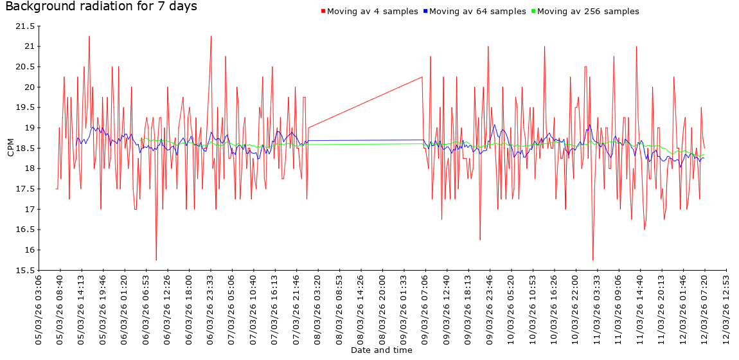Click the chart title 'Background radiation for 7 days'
(x=101, y=7)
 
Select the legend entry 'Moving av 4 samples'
(x=373, y=12)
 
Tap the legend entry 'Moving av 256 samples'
(x=588, y=12)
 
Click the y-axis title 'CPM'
(x=10, y=148)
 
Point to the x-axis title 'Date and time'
(x=382, y=350)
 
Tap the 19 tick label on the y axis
(x=28, y=128)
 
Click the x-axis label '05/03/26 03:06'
(x=39, y=308)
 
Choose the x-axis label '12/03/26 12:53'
(x=726, y=308)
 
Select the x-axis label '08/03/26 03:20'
(x=317, y=308)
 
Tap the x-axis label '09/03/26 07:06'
(x=425, y=308)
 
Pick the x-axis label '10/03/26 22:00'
(x=576, y=308)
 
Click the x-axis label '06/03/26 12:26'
(x=167, y=308)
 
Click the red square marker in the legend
(x=323, y=12)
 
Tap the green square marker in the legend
(x=533, y=12)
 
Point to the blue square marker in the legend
(x=425, y=12)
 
